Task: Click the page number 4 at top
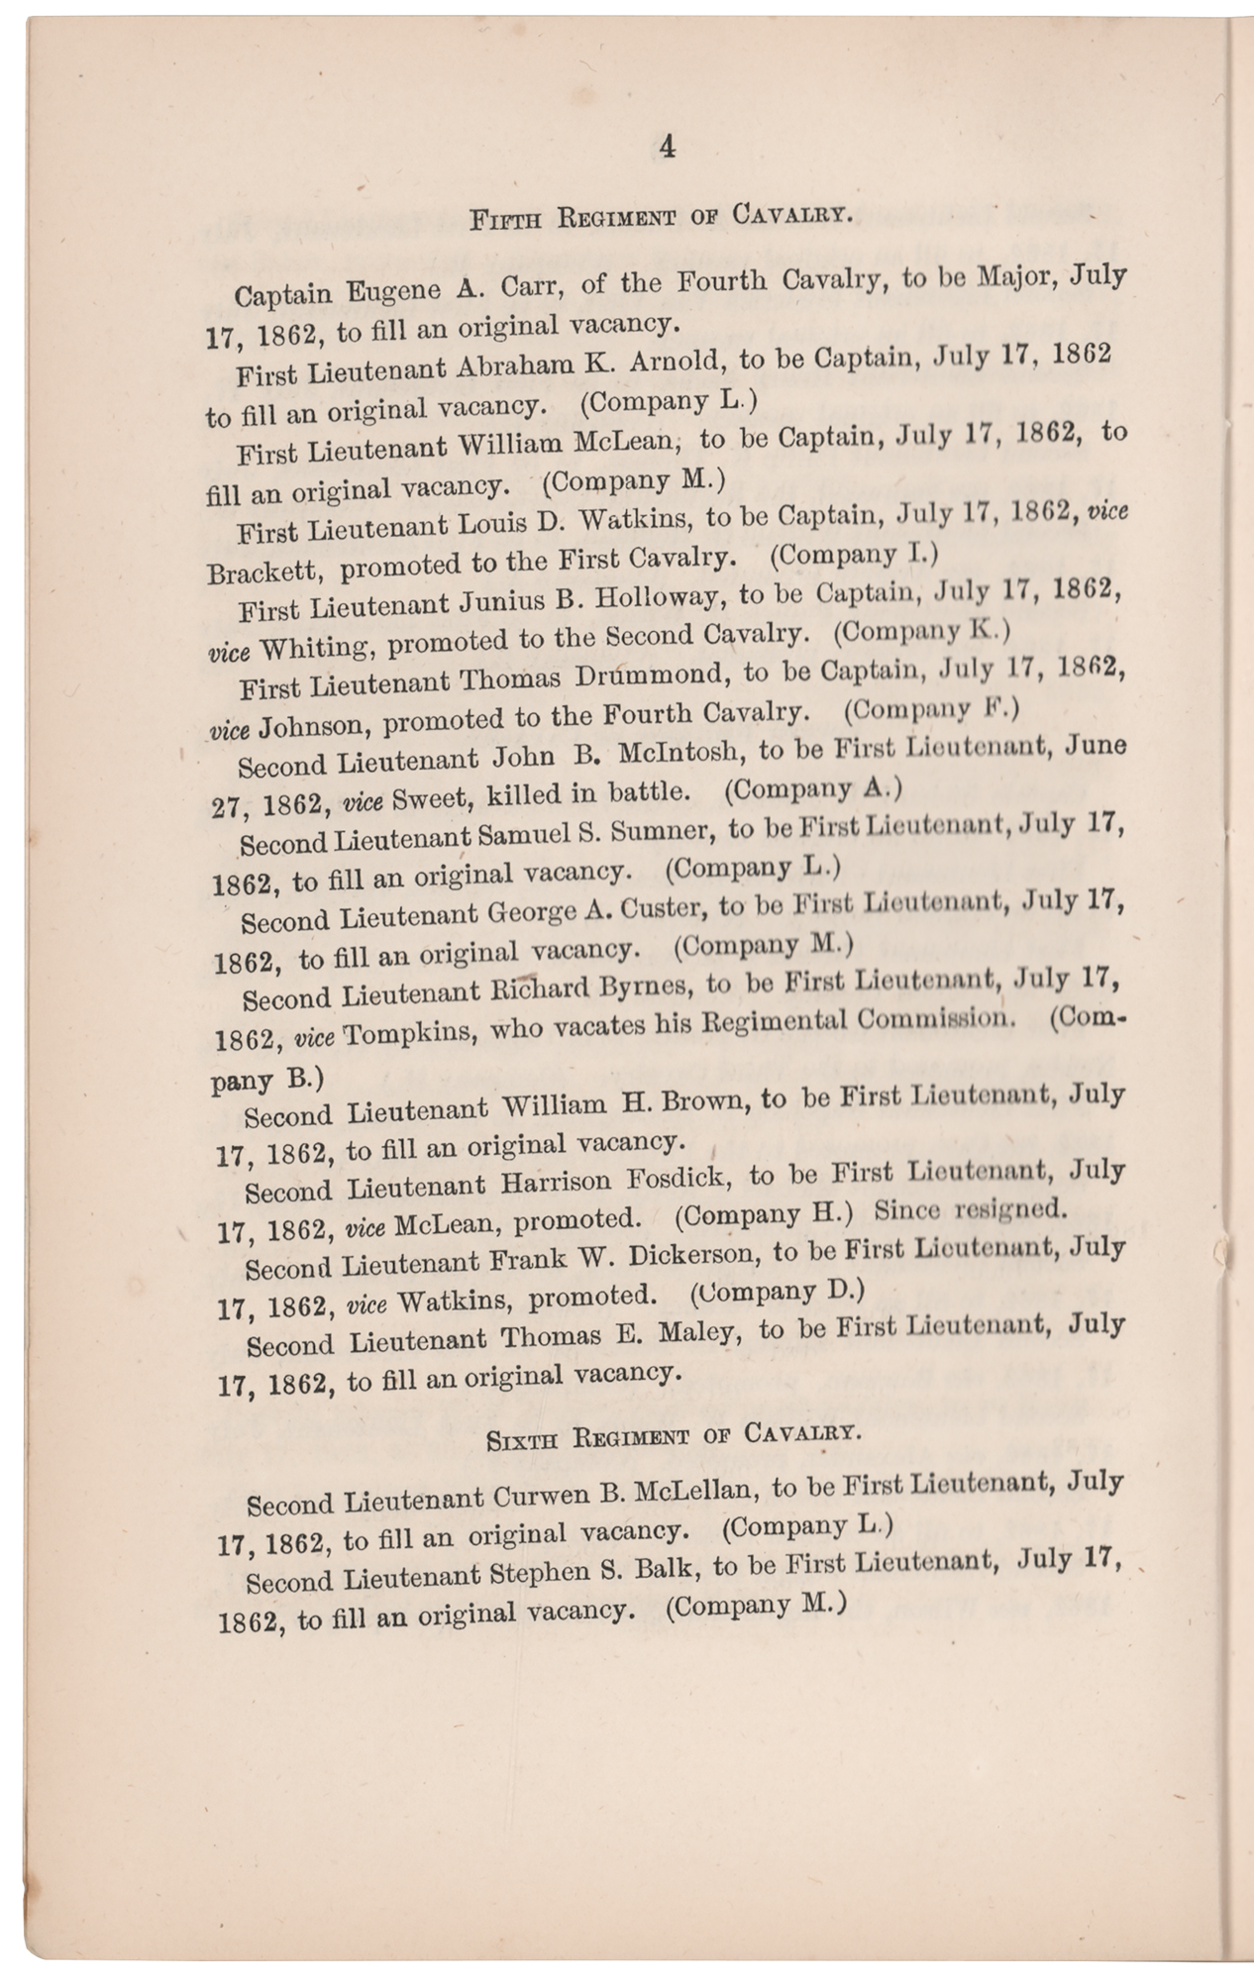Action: click(666, 149)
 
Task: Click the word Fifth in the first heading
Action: click(505, 219)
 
